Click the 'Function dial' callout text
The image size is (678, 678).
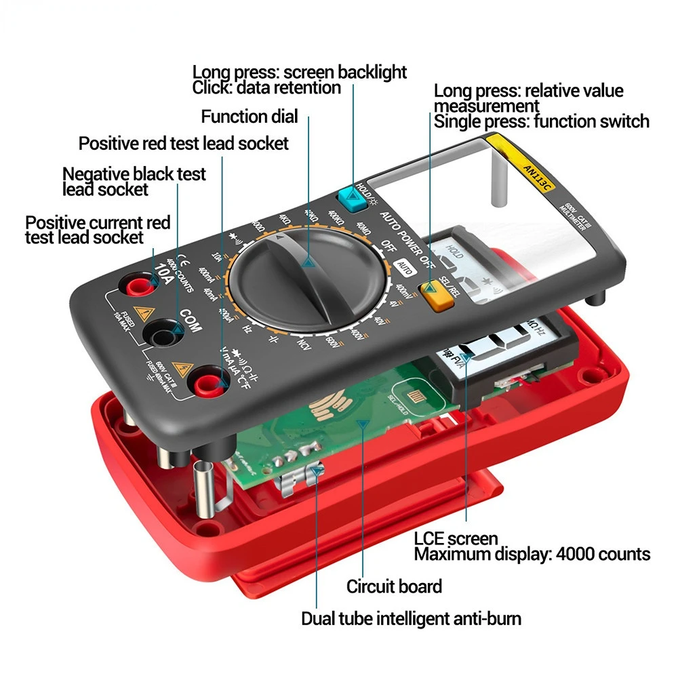tap(249, 117)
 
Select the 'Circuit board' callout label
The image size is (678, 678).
tap(394, 586)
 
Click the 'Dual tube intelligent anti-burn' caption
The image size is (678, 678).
tap(411, 618)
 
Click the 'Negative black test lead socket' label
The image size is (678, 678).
tap(134, 181)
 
